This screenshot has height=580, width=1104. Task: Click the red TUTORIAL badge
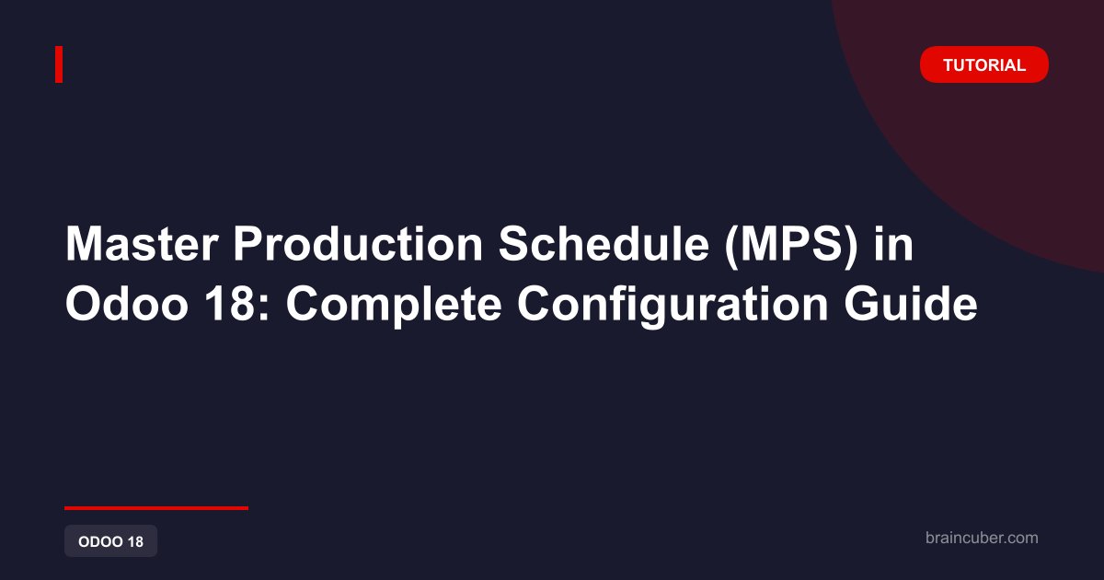(x=983, y=64)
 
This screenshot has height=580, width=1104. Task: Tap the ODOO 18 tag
(x=111, y=541)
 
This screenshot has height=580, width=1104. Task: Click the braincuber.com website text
(x=982, y=538)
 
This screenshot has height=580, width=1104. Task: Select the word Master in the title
(x=142, y=244)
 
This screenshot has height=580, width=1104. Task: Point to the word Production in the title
(x=358, y=244)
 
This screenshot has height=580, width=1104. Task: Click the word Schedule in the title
(x=604, y=244)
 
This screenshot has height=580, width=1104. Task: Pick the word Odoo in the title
(x=127, y=305)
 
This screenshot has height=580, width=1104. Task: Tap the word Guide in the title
(x=911, y=305)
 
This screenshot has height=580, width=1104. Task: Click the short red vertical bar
(x=59, y=64)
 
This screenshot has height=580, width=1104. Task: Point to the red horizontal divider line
(x=156, y=508)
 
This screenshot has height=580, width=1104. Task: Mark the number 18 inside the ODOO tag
(x=135, y=541)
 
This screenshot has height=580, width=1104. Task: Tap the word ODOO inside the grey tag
(x=100, y=541)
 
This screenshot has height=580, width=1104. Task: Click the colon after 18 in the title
(x=264, y=309)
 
